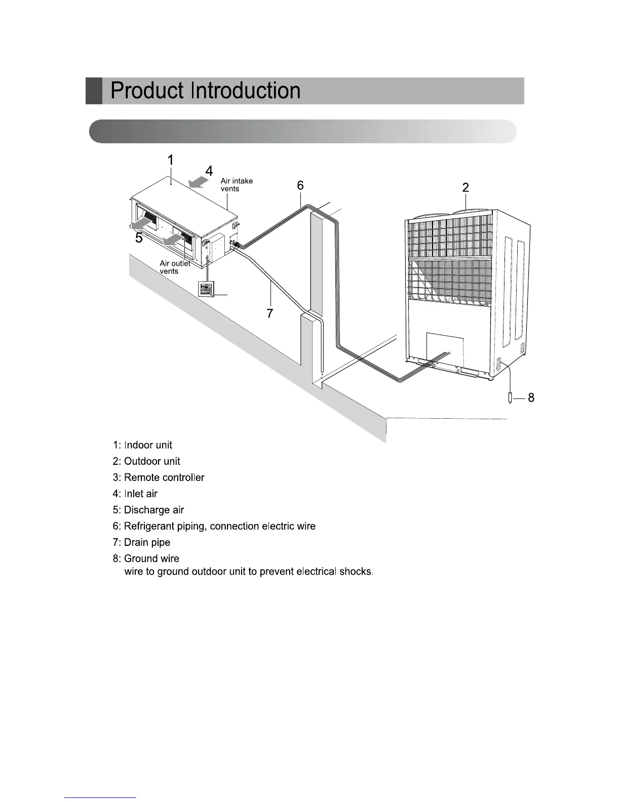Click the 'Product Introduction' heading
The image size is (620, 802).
[206, 91]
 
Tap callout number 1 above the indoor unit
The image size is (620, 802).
[171, 160]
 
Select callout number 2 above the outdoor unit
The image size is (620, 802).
[466, 188]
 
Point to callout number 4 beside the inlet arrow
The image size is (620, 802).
[209, 171]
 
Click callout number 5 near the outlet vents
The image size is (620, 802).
[139, 238]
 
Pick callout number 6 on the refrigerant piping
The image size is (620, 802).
[300, 186]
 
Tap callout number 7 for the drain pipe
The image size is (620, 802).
[270, 314]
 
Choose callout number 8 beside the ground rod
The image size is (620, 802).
[531, 398]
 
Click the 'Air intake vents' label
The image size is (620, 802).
[237, 185]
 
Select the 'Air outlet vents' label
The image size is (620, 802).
[175, 267]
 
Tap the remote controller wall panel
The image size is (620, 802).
[207, 289]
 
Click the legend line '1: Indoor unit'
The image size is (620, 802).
[142, 445]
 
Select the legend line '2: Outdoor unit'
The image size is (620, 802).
[146, 461]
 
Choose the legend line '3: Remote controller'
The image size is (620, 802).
[159, 477]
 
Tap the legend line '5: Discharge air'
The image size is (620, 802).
[148, 510]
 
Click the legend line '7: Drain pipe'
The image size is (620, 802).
[141, 542]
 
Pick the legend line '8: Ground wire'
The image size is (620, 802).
[146, 558]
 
